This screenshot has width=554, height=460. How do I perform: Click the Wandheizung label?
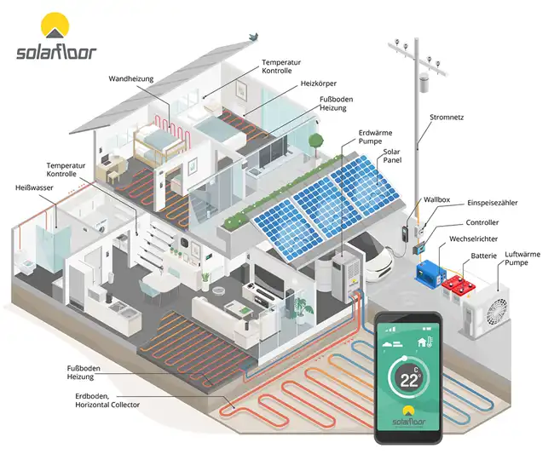[130, 79]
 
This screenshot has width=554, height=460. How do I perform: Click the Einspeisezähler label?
[492, 203]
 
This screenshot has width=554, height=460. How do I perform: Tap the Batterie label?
[483, 256]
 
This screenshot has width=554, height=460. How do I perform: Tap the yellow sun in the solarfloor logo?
[55, 26]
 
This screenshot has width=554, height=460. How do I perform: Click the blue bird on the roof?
[252, 37]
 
